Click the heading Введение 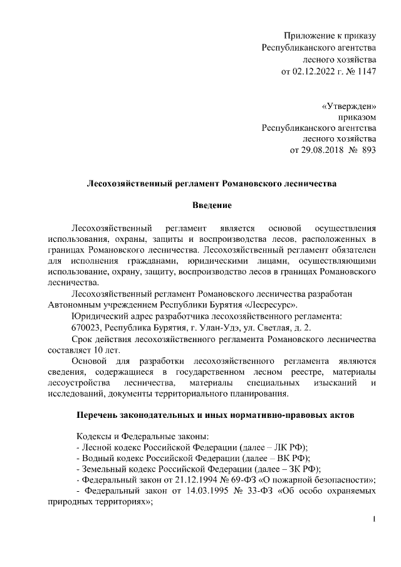[x=212, y=205]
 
